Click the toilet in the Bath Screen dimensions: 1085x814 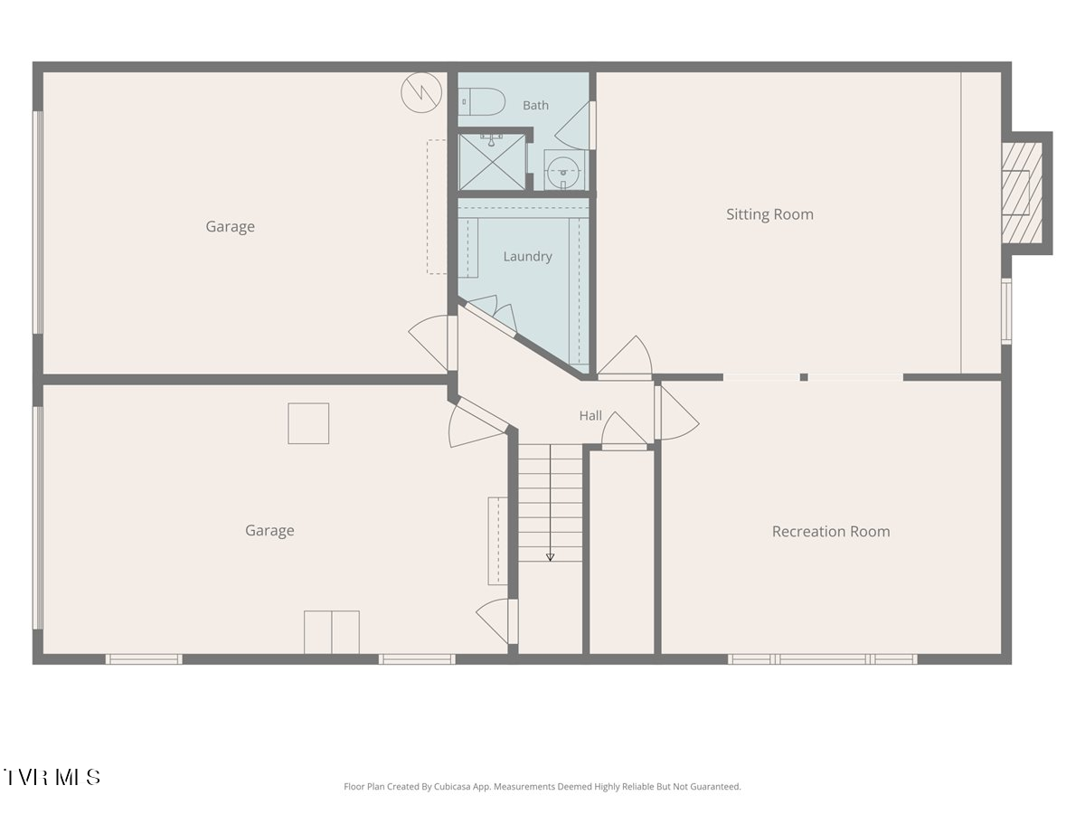point(481,102)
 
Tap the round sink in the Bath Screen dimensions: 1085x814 point(563,171)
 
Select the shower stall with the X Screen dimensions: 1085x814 point(492,162)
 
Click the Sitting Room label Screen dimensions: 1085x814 point(769,214)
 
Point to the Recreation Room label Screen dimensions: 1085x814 point(831,531)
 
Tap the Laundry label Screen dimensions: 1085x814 point(527,257)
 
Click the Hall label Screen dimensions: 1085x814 point(590,416)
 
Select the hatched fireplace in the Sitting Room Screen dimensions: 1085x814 point(1022,193)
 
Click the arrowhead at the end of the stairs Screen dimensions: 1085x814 point(550,557)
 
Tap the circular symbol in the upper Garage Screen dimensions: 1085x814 point(421,92)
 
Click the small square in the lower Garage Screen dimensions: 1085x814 point(308,423)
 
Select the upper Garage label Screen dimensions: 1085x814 point(231,227)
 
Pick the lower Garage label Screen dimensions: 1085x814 point(269,531)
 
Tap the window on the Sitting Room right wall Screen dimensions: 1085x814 point(1006,311)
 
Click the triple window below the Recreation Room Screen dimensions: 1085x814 point(823,659)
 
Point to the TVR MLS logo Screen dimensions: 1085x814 point(51,777)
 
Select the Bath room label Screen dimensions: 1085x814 point(536,105)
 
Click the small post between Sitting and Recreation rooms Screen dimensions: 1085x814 point(804,377)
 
